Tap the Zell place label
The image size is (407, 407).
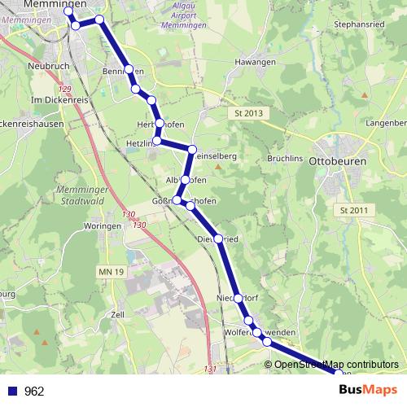[118, 313]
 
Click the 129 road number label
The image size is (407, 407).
[66, 86]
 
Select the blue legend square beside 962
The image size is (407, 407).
[11, 392]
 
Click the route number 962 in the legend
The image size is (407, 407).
[35, 392]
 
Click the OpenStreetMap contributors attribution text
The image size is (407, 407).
[336, 364]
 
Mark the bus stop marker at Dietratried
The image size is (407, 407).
[217, 239]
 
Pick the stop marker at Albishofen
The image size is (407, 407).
[186, 179]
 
